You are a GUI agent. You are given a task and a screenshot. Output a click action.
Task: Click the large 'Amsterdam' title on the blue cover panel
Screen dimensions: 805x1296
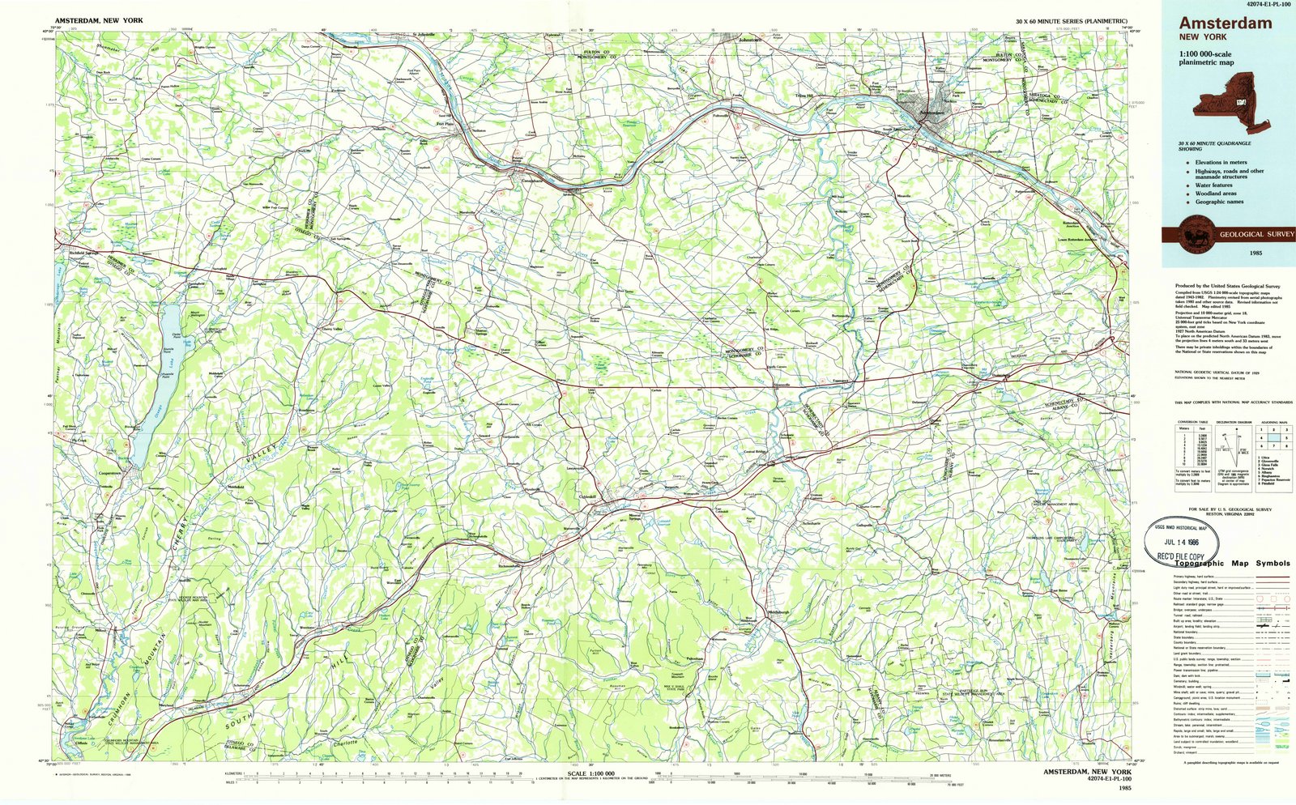tap(1225, 23)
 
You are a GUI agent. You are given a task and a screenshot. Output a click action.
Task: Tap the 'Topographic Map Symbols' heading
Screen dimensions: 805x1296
tap(1231, 563)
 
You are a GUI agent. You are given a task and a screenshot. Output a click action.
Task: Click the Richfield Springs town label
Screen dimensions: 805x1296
tap(83, 253)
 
